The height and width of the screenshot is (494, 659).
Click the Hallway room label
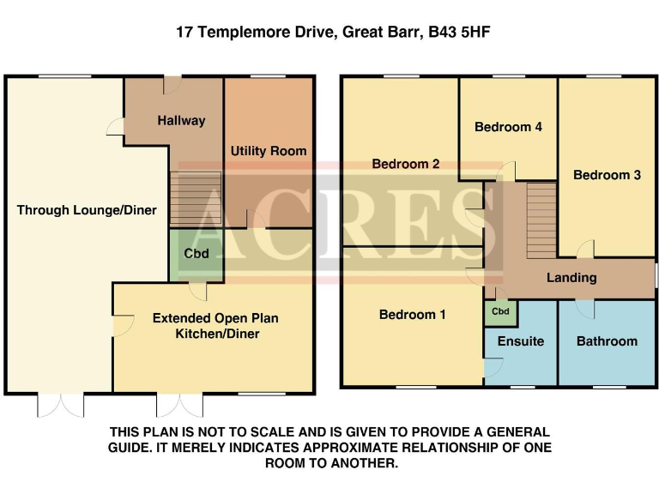coord(181,121)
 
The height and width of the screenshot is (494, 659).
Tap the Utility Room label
coord(268,151)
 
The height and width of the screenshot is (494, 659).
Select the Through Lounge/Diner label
coord(86,209)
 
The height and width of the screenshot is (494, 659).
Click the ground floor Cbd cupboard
coord(196,254)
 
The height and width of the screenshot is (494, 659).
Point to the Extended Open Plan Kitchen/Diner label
coord(215,326)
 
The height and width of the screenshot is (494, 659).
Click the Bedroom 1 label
coord(412,315)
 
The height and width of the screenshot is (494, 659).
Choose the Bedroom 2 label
coord(406,164)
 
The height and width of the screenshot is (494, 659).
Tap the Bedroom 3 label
coord(607,175)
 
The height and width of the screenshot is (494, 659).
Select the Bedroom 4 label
coord(508,127)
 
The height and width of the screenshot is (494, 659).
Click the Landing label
coord(571,278)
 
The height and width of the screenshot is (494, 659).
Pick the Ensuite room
coord(521,341)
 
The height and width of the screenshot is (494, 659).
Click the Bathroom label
coord(607,341)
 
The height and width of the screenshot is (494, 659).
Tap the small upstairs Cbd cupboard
coord(501,312)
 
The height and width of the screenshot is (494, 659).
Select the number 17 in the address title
coord(184,33)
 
